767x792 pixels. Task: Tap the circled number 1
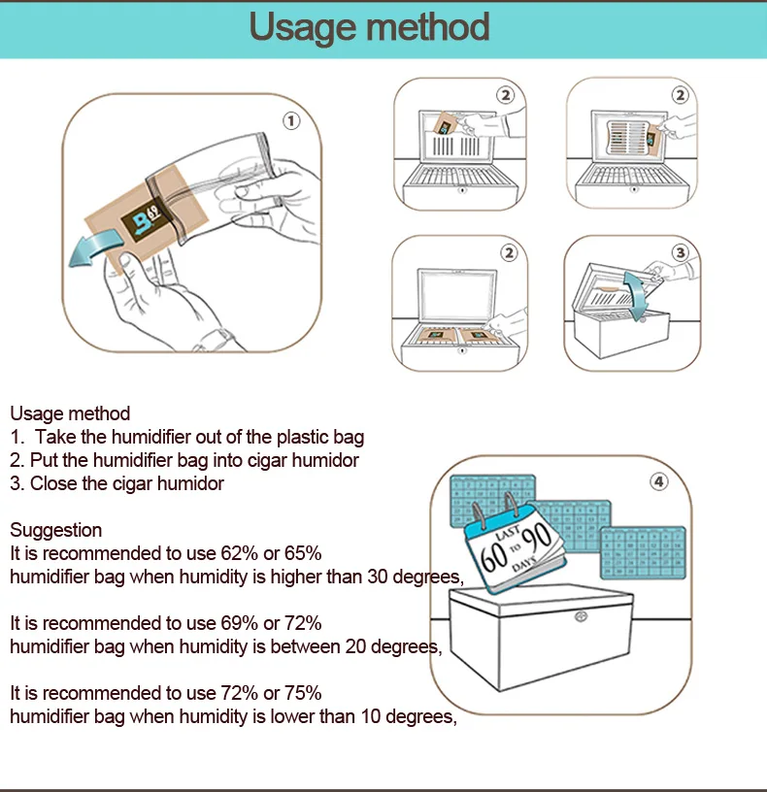[x=291, y=121]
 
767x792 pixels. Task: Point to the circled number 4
[x=659, y=481]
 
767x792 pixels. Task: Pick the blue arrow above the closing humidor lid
[x=636, y=291]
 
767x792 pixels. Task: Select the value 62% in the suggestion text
[x=238, y=553]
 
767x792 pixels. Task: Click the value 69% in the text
[x=238, y=622]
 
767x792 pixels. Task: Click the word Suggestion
[x=55, y=530]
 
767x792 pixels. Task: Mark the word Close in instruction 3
[x=51, y=483]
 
